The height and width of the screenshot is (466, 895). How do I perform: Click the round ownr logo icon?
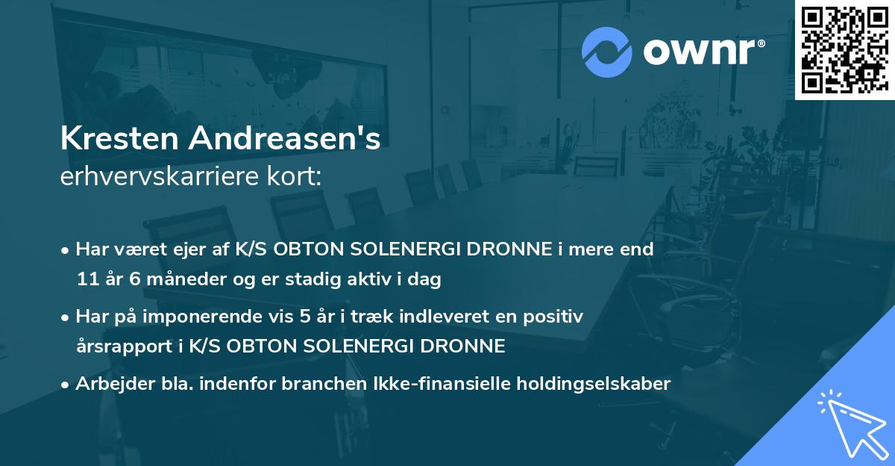pyautogui.click(x=607, y=52)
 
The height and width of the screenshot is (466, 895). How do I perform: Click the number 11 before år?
pyautogui.click(x=86, y=279)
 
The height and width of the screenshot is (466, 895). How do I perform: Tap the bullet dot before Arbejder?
pyautogui.click(x=66, y=384)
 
